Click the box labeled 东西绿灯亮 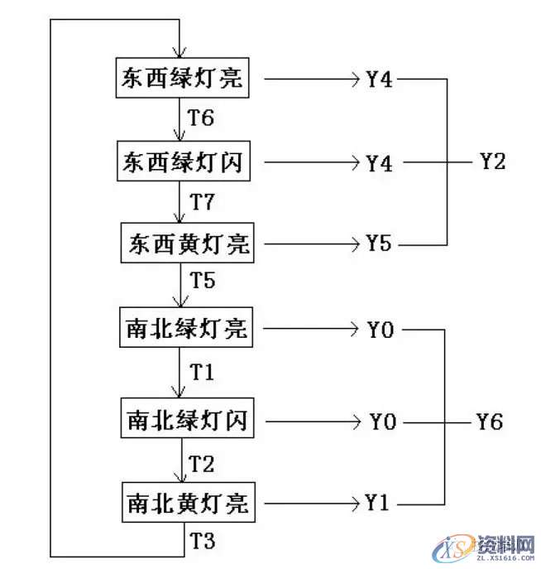click(x=182, y=79)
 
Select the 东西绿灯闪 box click(x=182, y=162)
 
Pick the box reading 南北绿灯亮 click(x=186, y=329)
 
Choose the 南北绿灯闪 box click(x=186, y=421)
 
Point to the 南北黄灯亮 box click(x=186, y=501)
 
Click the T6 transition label click(x=201, y=118)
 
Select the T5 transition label click(x=203, y=281)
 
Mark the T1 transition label click(x=203, y=373)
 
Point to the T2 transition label click(x=203, y=461)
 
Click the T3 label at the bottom click(x=203, y=542)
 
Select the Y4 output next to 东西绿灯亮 click(x=379, y=80)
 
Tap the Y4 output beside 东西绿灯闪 click(x=379, y=163)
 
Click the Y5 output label click(x=379, y=244)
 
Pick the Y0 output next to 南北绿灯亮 click(x=381, y=330)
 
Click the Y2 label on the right click(x=492, y=162)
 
